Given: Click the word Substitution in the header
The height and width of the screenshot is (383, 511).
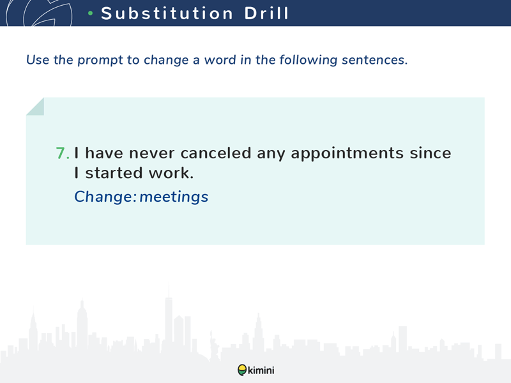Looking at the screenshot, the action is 167,13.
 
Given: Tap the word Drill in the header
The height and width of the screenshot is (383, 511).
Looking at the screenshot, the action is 266,13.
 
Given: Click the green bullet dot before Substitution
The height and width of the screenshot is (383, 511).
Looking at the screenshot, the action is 91,13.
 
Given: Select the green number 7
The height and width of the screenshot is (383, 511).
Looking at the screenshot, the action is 63,153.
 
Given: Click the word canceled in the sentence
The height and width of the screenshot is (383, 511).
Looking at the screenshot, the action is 216,153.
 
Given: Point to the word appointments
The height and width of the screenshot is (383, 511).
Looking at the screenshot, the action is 347,154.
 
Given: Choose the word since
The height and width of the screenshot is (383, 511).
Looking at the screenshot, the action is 431,153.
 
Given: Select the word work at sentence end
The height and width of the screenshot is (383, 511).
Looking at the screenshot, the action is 171,172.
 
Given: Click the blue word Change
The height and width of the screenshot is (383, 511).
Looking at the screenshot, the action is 105,197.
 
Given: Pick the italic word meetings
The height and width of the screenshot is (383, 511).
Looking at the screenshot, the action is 174,197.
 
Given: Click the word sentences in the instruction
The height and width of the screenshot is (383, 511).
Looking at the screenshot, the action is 375,60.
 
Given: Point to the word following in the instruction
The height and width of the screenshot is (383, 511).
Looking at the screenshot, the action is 309,60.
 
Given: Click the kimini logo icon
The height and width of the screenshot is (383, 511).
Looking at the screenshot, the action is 242,370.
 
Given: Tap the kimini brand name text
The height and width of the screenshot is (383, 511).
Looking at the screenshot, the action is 261,370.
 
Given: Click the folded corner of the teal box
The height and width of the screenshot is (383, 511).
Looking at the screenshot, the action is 35,107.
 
